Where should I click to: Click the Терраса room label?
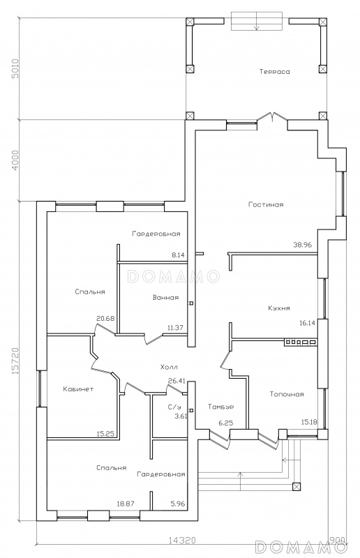(x=275, y=72)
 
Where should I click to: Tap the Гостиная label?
(x=266, y=204)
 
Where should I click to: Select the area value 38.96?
(x=302, y=245)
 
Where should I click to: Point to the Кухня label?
(x=279, y=308)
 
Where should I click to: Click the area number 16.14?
(x=307, y=323)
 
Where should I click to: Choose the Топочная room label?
(x=287, y=394)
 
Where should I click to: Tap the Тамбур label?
(x=220, y=407)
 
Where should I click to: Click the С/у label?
(x=174, y=407)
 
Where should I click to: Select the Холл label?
(x=169, y=367)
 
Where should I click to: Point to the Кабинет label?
(x=78, y=389)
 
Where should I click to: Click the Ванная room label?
(x=165, y=298)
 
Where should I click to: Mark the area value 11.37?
(x=175, y=328)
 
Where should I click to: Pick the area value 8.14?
(x=178, y=255)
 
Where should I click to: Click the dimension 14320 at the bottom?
(x=182, y=550)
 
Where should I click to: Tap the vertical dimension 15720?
(x=15, y=361)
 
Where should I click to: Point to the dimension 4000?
(x=15, y=160)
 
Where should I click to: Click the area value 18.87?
(x=126, y=504)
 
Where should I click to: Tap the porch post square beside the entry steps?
(x=297, y=486)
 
